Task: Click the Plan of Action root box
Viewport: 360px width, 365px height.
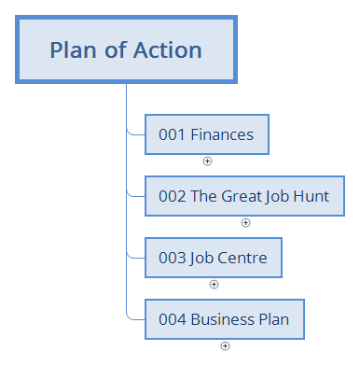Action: pos(125,49)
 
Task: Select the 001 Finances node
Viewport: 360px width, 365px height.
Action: pos(206,134)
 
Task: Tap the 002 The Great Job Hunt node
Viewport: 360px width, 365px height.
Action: pos(244,197)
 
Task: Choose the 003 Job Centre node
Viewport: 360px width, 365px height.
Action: pos(214,259)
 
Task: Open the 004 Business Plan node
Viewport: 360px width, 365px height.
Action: pos(224,319)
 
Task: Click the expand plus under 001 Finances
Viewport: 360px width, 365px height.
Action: pos(207,161)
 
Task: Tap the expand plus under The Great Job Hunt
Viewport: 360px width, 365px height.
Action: pos(245,222)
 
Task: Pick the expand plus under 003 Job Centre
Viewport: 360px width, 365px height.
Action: pos(214,284)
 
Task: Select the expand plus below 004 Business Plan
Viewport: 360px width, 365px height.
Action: pos(225,345)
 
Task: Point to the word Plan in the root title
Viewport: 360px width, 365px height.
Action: pos(71,49)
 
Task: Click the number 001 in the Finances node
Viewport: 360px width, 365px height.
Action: pos(172,134)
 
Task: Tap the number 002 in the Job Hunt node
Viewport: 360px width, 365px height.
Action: pos(172,197)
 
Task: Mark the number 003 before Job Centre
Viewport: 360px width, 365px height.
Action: pos(172,259)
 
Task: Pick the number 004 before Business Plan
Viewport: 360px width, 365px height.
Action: pos(172,319)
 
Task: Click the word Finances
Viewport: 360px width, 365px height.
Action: pos(222,134)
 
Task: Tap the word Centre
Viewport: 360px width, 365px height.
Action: pos(242,259)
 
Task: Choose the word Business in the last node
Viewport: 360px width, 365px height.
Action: pos(221,319)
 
